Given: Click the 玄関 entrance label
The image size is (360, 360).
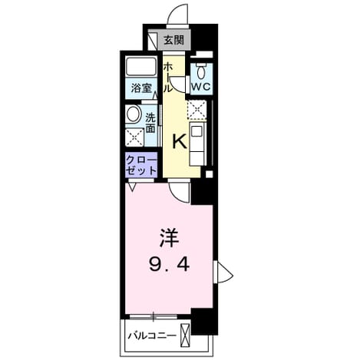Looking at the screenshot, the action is (x=173, y=40).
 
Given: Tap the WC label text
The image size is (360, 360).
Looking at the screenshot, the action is (x=201, y=87).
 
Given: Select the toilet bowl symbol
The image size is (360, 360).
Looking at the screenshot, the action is (x=201, y=72).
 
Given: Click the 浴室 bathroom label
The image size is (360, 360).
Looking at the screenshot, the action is (x=140, y=88).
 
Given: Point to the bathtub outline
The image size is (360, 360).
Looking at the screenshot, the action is (x=141, y=67).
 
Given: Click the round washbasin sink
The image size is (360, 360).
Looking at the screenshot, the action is (x=133, y=114).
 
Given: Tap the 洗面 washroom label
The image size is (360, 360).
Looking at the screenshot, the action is (x=150, y=123).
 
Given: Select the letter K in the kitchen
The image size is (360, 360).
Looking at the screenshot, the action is (x=180, y=142).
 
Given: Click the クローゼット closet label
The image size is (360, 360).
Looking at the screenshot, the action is (x=141, y=166).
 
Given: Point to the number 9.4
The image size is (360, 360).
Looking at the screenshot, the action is (x=169, y=264).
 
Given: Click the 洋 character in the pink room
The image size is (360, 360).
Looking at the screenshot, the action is (x=169, y=238).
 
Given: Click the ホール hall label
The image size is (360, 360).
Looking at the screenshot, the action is (x=168, y=78).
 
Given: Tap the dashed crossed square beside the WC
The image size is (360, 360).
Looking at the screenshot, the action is (x=197, y=110).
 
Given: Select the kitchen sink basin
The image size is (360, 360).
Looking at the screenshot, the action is (x=197, y=131).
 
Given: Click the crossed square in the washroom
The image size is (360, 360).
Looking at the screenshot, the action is (x=134, y=137).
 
